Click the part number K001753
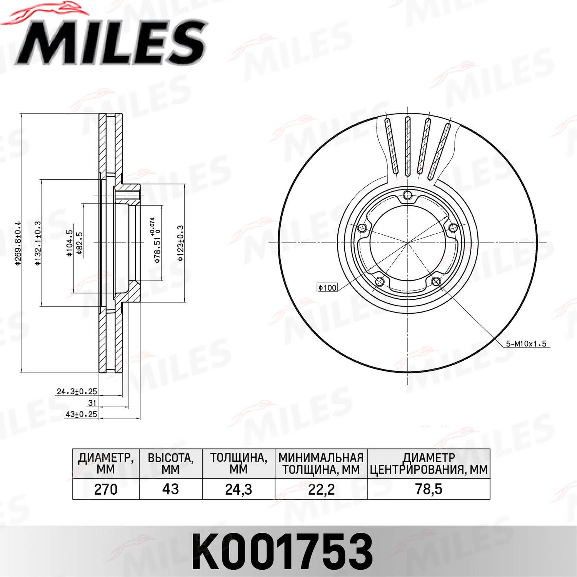283,551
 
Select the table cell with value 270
106,489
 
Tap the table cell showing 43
170,489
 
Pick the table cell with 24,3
238,489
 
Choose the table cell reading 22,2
321,489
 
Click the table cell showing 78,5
429,489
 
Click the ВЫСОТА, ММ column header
170,463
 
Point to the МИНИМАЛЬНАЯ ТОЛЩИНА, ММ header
321,463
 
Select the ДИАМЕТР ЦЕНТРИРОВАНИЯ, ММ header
429,463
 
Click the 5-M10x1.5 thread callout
526,344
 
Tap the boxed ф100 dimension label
327,287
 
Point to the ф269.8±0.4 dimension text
17,243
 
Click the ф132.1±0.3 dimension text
38,243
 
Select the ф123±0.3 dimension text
180,243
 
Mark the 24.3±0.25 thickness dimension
77,391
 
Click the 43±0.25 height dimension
81,414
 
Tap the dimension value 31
92,403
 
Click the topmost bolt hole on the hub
407,196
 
